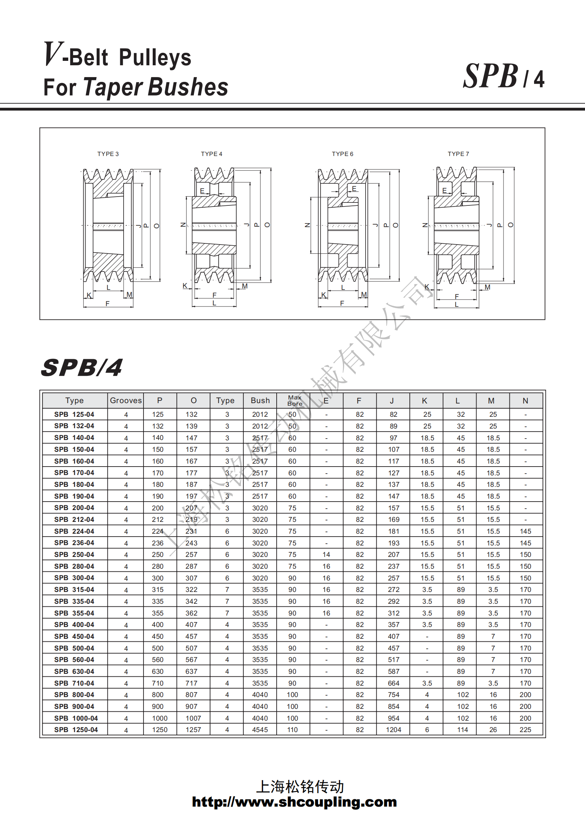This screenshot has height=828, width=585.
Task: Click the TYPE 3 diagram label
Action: tap(108, 154)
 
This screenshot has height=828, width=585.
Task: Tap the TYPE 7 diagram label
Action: tap(458, 154)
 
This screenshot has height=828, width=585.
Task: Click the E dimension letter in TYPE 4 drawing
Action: tap(202, 191)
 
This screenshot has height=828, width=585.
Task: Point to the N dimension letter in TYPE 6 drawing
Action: tap(307, 225)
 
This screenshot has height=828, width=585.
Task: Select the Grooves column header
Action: tap(126, 401)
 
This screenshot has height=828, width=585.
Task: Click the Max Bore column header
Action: tap(295, 401)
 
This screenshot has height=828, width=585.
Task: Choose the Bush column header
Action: tap(260, 401)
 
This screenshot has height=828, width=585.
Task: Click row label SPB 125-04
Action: tap(74, 415)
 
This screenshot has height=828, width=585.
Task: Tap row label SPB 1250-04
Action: tap(76, 730)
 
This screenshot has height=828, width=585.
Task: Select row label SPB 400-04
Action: tap(74, 625)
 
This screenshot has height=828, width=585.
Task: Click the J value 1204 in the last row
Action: tap(393, 730)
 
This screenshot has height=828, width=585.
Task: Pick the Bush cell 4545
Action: tap(260, 730)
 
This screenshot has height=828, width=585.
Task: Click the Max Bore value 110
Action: tap(292, 730)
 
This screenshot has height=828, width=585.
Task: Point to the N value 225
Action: tap(525, 730)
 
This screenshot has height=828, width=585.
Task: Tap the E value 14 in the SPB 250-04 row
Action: tap(326, 555)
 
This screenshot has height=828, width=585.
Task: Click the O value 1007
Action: tap(193, 718)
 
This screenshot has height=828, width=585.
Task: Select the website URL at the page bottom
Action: tap(294, 802)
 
